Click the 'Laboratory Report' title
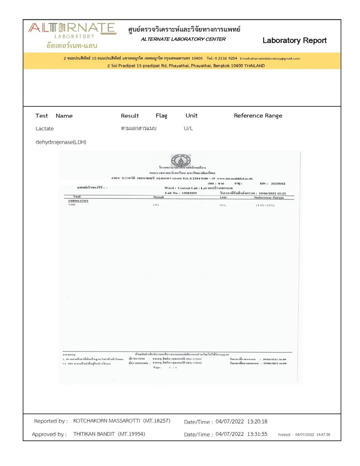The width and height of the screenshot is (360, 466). coord(294,41)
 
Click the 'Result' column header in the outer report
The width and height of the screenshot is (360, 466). coord(130,116)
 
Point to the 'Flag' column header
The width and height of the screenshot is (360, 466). coord(161,116)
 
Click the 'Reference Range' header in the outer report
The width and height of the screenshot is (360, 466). coord(258,116)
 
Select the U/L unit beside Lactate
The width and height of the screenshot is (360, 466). coord(188,128)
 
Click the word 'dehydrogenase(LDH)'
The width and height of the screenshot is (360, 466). coord(61,142)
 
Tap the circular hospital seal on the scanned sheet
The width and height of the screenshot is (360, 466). coord(180,161)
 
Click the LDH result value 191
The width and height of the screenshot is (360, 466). coord(156,205)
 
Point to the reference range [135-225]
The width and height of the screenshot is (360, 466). coord(265,205)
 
